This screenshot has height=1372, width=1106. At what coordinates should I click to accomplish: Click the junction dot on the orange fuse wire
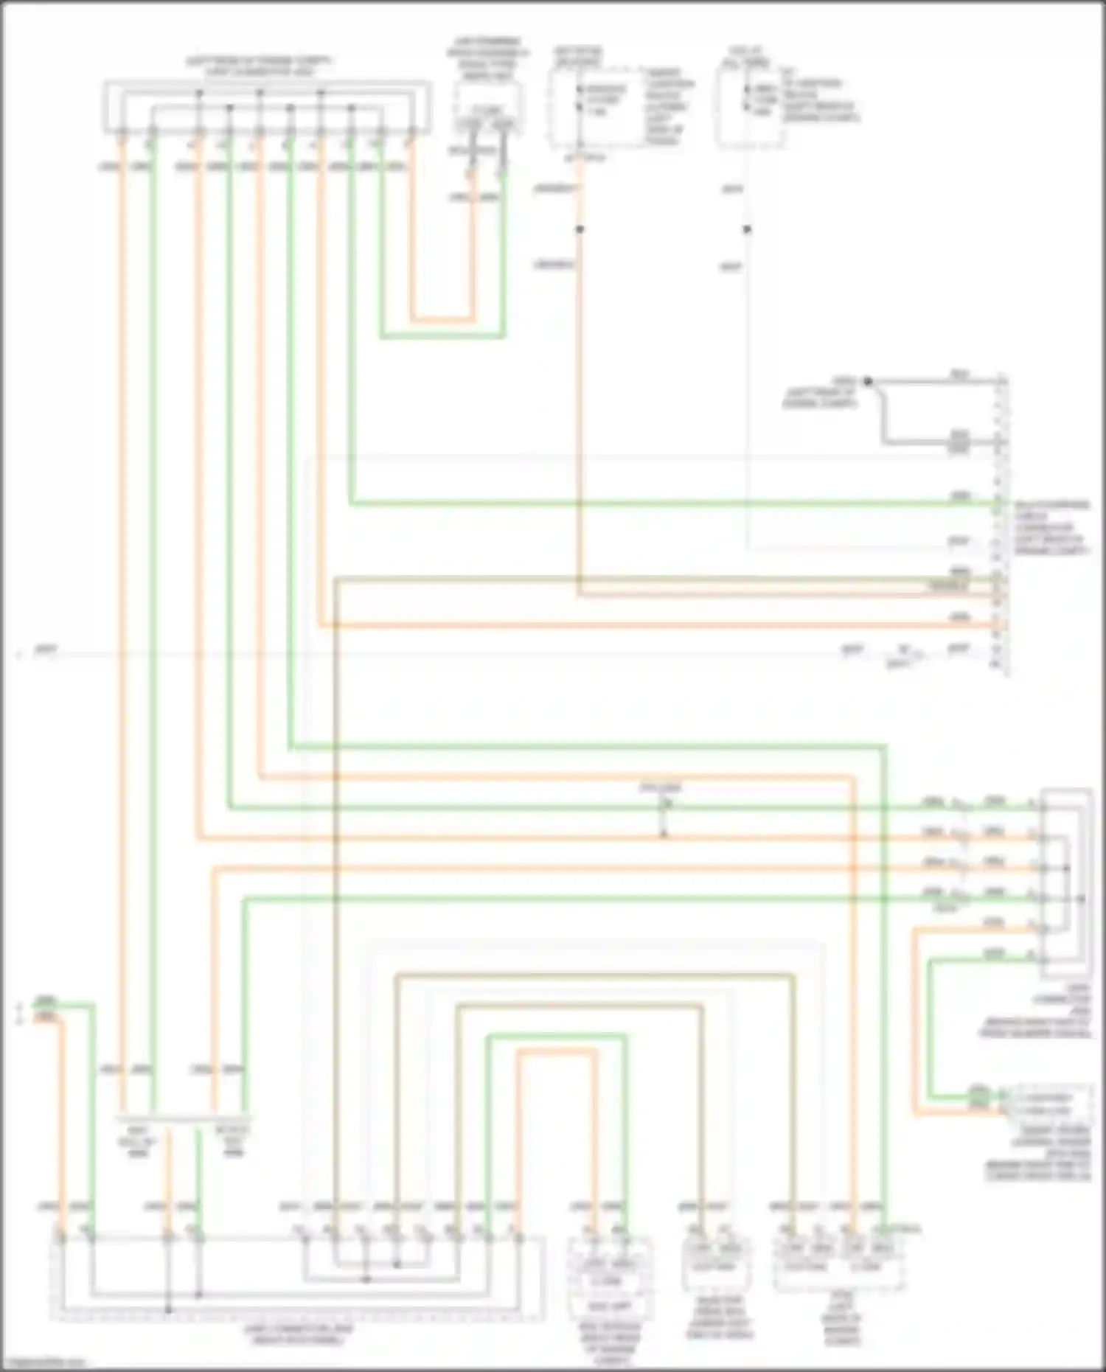click(580, 229)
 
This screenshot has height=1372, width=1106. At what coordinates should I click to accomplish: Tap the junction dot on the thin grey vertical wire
click(747, 229)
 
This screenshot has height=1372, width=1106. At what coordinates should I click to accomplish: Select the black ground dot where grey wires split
click(868, 381)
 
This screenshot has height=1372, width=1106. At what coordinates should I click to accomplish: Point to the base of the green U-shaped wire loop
click(442, 337)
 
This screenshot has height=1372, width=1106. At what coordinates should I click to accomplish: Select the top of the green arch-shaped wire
click(556, 1036)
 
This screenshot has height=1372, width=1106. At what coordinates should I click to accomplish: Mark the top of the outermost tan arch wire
click(594, 975)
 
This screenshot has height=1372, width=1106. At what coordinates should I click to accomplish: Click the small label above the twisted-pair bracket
click(661, 788)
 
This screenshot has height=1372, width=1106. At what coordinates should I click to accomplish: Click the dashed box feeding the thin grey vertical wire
click(748, 103)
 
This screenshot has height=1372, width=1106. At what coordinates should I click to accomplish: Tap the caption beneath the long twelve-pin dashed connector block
click(298, 1334)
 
